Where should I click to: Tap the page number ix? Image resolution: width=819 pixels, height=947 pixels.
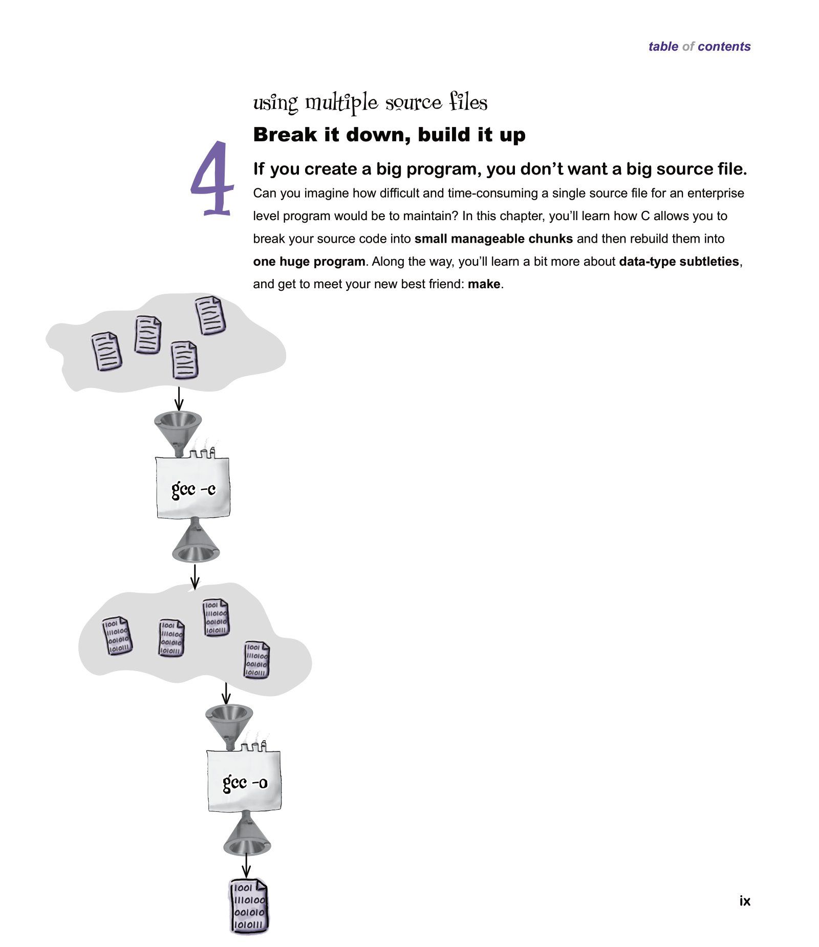point(744,901)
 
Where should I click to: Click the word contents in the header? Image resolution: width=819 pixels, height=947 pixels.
point(723,47)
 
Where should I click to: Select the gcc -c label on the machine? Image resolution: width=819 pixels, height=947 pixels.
point(193,489)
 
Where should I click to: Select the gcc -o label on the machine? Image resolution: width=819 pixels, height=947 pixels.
point(245,783)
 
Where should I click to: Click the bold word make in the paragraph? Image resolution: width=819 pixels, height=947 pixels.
point(483,284)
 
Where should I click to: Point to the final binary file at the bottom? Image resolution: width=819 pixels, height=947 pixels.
point(249,906)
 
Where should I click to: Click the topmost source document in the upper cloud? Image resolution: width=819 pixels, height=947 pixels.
point(210,316)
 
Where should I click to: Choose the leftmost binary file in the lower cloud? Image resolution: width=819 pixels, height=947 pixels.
point(117,636)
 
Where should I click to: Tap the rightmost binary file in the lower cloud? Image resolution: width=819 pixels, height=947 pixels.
point(256,660)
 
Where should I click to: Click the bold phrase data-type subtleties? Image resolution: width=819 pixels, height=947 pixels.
point(679,262)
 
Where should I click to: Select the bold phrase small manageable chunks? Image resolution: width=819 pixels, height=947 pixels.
point(493,239)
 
